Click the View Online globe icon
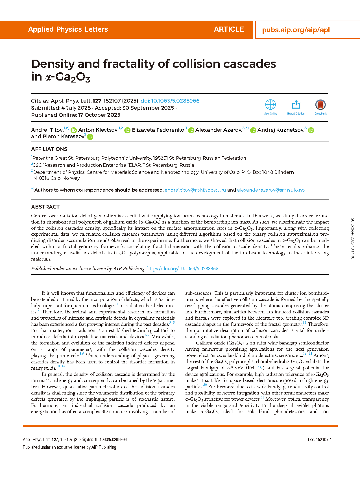tap(270, 105)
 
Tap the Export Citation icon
tap(296, 105)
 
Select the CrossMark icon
tap(320, 105)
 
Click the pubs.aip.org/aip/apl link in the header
tap(296, 30)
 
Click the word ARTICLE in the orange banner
tap(229, 29)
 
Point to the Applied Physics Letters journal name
tap(68, 29)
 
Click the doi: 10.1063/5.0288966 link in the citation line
tap(170, 101)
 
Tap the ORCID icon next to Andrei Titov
tap(74, 130)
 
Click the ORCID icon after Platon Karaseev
tap(90, 137)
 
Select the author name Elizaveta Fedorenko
tap(158, 130)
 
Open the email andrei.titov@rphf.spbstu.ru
tap(195, 190)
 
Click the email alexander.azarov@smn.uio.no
tap(271, 190)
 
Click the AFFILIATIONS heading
tap(49, 149)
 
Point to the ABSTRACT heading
tap(45, 207)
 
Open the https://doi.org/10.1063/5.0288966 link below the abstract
tap(183, 269)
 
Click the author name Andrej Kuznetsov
tap(281, 130)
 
